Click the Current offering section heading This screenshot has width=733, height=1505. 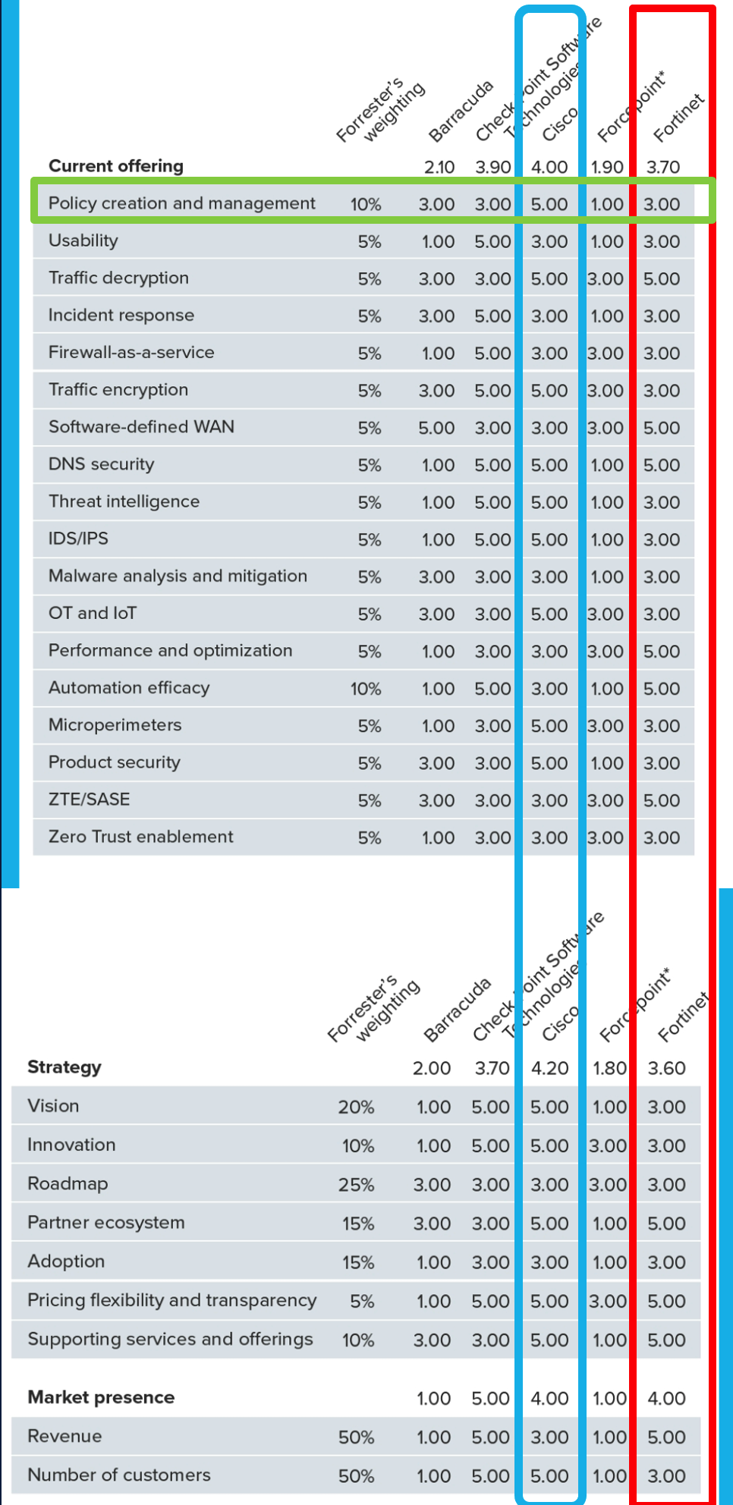(115, 166)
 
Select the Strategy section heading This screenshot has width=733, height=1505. (64, 1067)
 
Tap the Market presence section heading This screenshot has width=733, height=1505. (101, 1397)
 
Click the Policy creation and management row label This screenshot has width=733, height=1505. (181, 203)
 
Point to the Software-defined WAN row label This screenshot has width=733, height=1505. (141, 427)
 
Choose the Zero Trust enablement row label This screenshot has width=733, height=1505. (140, 837)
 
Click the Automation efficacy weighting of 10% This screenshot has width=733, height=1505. (365, 689)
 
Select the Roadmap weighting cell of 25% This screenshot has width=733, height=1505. (356, 1185)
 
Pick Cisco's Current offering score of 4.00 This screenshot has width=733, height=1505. (549, 167)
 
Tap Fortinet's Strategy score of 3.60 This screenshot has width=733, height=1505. (666, 1068)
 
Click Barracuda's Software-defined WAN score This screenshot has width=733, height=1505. (436, 428)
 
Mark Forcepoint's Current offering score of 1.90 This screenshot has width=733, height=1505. (607, 167)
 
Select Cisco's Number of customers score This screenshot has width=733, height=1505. (549, 1476)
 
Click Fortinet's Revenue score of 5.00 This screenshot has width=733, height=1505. (666, 1437)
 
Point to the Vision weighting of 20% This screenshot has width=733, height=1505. (356, 1108)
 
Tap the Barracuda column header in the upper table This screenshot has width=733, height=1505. (460, 112)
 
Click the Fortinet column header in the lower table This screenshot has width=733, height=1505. (682, 1016)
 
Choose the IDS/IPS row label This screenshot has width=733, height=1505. (78, 539)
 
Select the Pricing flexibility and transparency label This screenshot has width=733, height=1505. (171, 1300)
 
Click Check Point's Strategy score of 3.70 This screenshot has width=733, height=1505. (492, 1068)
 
